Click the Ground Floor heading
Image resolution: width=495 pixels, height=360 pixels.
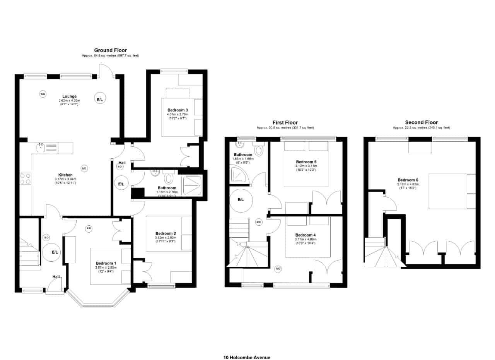(x=110, y=50)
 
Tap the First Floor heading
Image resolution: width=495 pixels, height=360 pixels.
(x=285, y=123)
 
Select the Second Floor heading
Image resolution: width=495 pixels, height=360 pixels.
(x=421, y=122)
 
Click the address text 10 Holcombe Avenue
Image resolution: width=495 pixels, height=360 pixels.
(x=247, y=357)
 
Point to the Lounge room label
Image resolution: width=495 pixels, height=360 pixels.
(x=70, y=96)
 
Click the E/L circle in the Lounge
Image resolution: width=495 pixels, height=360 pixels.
(x=100, y=99)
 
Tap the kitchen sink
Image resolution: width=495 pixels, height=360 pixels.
(x=41, y=147)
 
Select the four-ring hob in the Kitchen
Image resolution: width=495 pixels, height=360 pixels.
(x=26, y=178)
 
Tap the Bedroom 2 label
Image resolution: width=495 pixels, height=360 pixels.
(x=166, y=233)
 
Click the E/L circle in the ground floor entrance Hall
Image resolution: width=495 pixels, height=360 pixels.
(x=55, y=252)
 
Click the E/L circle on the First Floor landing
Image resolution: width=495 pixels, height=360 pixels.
(x=240, y=200)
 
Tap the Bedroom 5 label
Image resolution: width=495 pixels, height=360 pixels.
(x=306, y=162)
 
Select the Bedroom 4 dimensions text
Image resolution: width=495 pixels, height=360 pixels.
(x=305, y=241)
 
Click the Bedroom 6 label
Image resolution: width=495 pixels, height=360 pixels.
(x=408, y=180)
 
